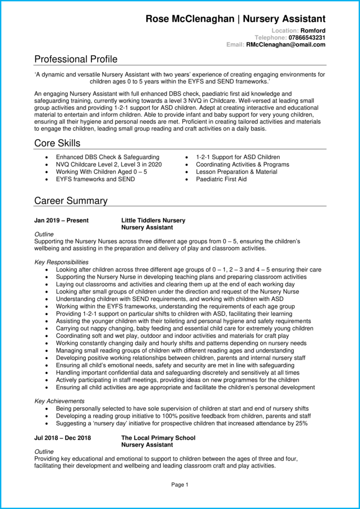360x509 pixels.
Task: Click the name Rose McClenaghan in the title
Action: (x=190, y=19)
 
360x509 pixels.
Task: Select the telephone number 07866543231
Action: (x=307, y=38)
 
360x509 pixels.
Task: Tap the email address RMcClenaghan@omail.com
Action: (x=285, y=45)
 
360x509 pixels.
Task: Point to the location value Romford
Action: (x=313, y=31)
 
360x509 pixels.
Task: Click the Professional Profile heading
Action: (x=76, y=59)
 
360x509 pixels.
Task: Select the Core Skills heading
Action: (x=57, y=143)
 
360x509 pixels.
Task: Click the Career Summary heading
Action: (x=70, y=201)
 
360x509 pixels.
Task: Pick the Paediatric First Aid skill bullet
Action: (x=221, y=179)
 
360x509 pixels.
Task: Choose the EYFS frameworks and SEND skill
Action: (x=95, y=179)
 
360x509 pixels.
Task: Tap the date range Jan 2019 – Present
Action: (x=61, y=221)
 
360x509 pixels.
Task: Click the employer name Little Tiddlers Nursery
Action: (x=153, y=221)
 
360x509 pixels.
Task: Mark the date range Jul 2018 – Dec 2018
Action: (x=63, y=438)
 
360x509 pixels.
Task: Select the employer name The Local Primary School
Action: (x=158, y=438)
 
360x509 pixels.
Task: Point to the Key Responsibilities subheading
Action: (x=61, y=262)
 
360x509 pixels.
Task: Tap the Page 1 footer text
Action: (x=180, y=485)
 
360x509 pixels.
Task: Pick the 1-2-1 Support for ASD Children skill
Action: (x=238, y=157)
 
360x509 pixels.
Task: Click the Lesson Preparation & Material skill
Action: (x=236, y=172)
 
